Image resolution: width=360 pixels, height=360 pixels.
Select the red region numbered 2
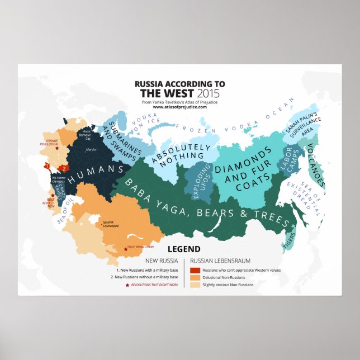click(x=64, y=167)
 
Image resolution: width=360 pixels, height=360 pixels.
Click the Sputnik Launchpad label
click(x=111, y=225)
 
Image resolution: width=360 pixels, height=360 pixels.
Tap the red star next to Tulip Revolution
click(x=124, y=247)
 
